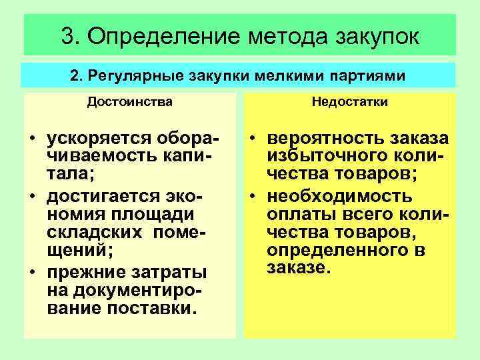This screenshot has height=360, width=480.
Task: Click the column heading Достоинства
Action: click(129, 103)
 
